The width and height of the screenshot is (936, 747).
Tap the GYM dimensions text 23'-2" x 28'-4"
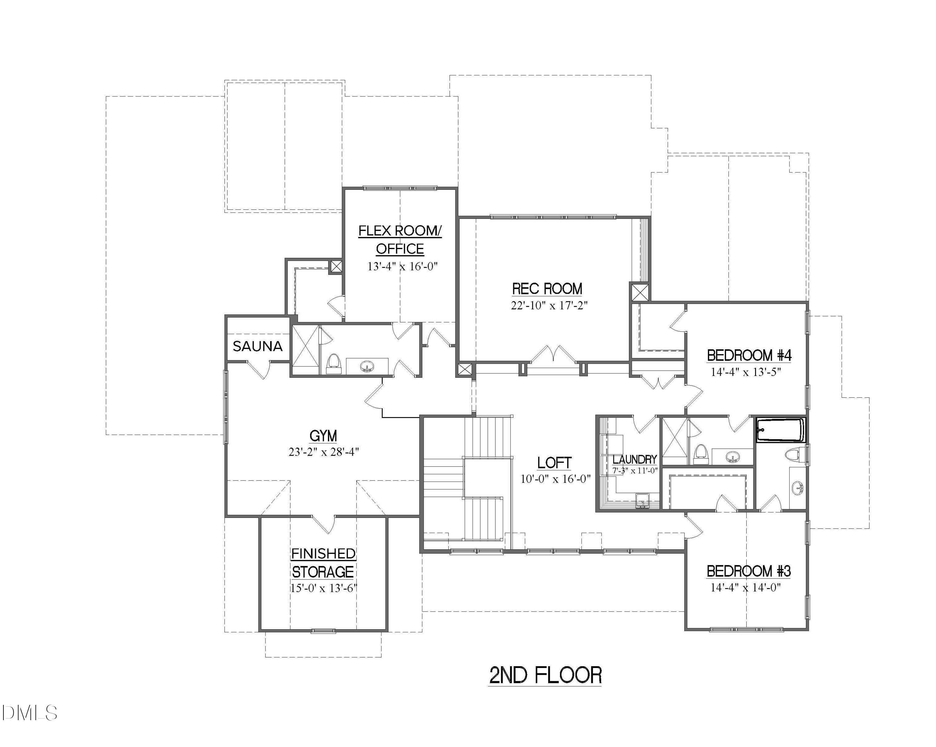324,452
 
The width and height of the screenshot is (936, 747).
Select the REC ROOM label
547,289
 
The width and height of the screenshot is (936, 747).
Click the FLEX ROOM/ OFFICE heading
400,240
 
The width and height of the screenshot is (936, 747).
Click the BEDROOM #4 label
749,355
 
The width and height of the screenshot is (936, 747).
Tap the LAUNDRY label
635,459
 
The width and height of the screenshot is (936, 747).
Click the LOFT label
554,463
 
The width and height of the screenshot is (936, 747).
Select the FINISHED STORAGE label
323,563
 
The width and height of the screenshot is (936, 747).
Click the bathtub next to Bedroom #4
781,430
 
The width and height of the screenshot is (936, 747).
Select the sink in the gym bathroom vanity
367,367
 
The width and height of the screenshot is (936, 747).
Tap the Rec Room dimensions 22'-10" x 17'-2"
549,305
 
